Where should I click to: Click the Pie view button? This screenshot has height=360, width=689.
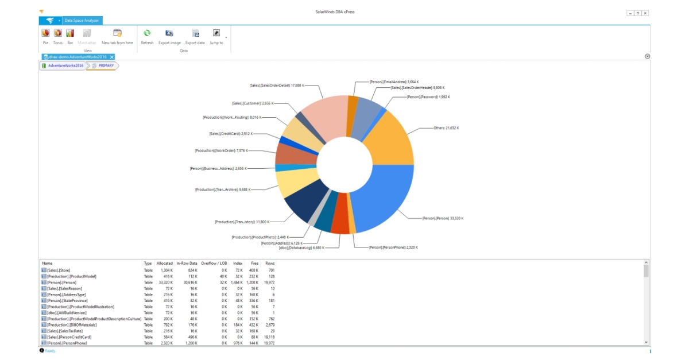coord(45,36)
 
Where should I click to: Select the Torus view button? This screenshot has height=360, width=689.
coord(57,36)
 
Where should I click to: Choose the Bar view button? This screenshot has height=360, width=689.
coord(70,36)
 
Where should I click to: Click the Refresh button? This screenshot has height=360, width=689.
coord(147,36)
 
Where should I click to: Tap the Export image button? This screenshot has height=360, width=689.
coord(169,36)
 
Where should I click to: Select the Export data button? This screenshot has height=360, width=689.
coord(195,36)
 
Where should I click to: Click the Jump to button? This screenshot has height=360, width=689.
coord(216,36)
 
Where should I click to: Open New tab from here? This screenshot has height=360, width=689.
coord(117,36)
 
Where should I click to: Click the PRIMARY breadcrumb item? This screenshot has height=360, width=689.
coord(106,65)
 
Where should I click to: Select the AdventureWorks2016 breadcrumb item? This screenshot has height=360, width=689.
coord(65,65)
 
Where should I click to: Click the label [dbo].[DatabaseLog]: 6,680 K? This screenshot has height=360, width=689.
coord(301,248)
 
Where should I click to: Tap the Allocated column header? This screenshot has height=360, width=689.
coord(164,263)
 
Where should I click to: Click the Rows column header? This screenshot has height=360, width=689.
coord(270,263)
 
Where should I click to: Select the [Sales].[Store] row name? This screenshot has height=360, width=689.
coord(59,270)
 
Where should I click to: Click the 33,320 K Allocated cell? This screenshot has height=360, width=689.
coord(165,283)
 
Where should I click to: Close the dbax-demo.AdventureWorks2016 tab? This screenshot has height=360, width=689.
coord(112,57)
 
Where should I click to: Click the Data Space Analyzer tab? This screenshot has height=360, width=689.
coord(82,21)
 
